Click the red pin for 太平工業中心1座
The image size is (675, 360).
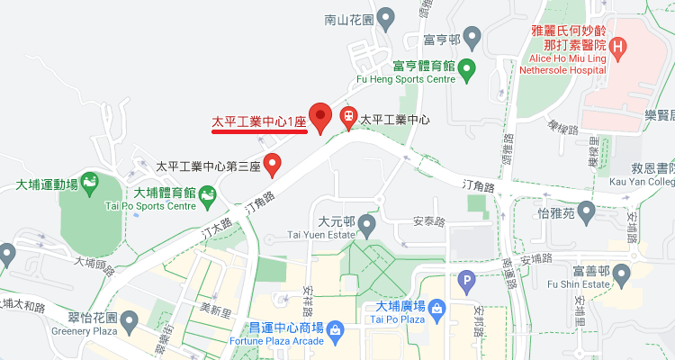click(320, 118)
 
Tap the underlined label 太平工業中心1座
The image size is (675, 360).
click(259, 120)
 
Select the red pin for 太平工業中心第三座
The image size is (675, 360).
click(274, 166)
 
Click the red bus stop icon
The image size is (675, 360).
click(348, 117)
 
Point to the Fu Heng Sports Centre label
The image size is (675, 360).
click(424, 79)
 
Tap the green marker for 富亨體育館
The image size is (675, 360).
click(466, 67)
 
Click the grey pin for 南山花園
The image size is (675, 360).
click(386, 17)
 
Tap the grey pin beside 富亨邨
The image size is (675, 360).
click(472, 38)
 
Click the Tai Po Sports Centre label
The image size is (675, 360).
click(164, 206)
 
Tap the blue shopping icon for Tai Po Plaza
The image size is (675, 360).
click(436, 309)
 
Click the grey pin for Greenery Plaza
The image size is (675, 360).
click(129, 319)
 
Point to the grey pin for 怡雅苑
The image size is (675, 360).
click(588, 213)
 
